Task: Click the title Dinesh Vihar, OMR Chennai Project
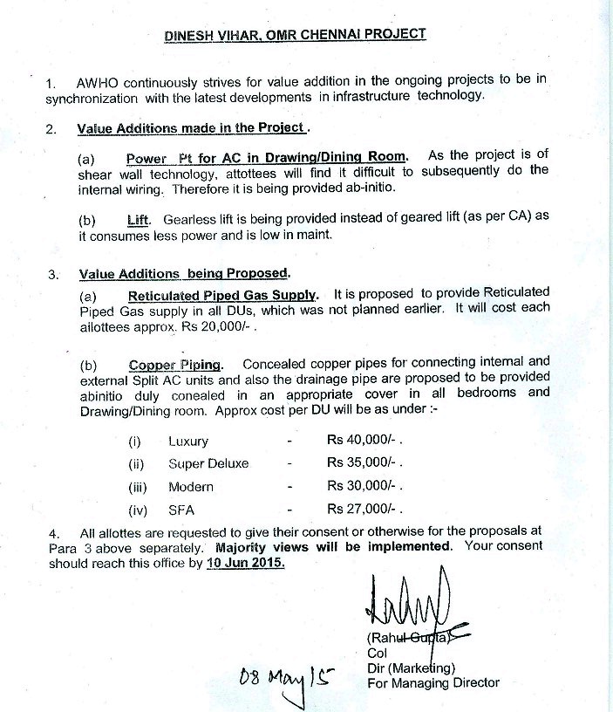[x=296, y=36]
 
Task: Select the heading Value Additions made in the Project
[x=192, y=128]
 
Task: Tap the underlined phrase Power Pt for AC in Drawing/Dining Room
[x=266, y=157]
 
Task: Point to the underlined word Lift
[x=139, y=220]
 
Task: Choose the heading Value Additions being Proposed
[x=184, y=272]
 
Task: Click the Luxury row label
[x=188, y=442]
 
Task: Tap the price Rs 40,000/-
[x=363, y=442]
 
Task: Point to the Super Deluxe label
[x=208, y=463]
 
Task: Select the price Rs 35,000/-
[x=363, y=463]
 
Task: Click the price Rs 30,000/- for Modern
[x=363, y=486]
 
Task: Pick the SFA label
[x=182, y=509]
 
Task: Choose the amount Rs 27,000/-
[x=363, y=509]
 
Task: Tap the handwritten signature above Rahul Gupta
[x=407, y=603]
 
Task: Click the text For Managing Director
[x=434, y=683]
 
